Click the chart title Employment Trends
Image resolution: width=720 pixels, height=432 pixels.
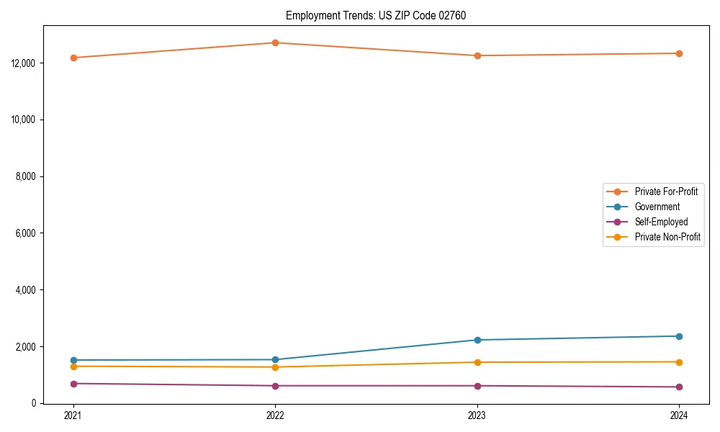[x=376, y=15]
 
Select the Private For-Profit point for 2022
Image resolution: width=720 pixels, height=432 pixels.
[x=275, y=42]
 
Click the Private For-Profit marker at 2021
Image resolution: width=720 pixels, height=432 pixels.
[x=73, y=58]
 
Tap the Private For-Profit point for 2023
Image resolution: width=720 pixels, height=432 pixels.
[x=477, y=55]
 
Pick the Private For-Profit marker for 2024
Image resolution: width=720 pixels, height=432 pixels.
[x=679, y=53]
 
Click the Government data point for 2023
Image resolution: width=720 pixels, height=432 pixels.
[x=477, y=340]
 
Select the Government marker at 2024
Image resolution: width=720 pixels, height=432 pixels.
[x=679, y=336]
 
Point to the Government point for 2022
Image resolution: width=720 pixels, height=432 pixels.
[x=275, y=359]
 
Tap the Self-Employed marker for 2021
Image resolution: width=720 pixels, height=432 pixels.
[x=73, y=384]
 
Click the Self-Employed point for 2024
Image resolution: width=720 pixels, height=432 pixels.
[x=679, y=387]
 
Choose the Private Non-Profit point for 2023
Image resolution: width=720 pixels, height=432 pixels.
[x=477, y=362]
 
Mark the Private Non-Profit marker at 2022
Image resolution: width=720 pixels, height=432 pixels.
[x=275, y=367]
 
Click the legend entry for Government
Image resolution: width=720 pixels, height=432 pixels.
[x=657, y=207]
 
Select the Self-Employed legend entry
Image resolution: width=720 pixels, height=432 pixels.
[x=661, y=222]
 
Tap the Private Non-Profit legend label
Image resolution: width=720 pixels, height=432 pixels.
[x=667, y=237]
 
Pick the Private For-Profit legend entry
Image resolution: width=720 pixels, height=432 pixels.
[x=666, y=192]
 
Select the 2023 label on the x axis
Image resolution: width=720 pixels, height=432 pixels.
[x=477, y=415]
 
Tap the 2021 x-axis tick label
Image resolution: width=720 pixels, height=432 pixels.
[x=73, y=415]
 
